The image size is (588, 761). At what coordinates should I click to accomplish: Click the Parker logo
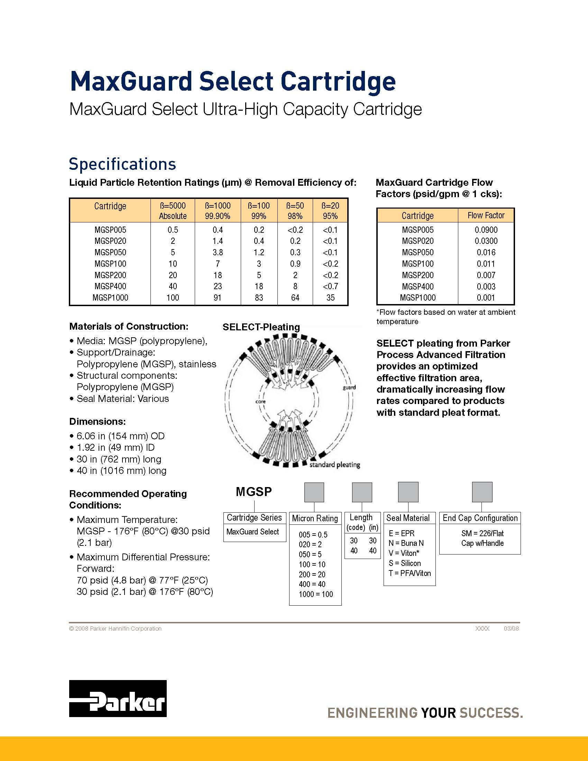pos(118,698)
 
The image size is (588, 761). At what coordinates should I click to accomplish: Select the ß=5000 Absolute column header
pos(173,210)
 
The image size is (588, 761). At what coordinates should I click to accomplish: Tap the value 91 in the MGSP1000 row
pos(218,297)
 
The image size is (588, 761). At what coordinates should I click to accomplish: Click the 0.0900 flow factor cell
pos(486,230)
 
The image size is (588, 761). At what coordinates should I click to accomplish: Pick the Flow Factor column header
pos(486,216)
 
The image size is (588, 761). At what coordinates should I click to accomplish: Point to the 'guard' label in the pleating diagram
pos(349,387)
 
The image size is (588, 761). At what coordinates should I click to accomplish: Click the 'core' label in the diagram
pos(260,401)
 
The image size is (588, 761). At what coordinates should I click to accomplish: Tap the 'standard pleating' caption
pos(334,465)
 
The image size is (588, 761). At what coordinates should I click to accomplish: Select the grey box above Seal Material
pos(408,492)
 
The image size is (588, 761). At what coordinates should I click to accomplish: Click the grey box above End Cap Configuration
pos(482,492)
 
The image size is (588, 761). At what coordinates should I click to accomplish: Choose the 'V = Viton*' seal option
pos(404,553)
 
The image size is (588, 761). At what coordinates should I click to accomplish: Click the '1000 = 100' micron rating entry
pos(315,594)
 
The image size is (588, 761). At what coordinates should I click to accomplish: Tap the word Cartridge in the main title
pos(338,81)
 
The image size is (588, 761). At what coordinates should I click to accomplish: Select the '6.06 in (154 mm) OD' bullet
pos(120,436)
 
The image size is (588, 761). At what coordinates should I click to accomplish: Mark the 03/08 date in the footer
pos(511,629)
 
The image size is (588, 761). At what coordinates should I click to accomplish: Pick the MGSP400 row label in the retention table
pos(110,286)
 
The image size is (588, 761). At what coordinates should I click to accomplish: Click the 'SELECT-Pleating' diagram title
pos(261,327)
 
